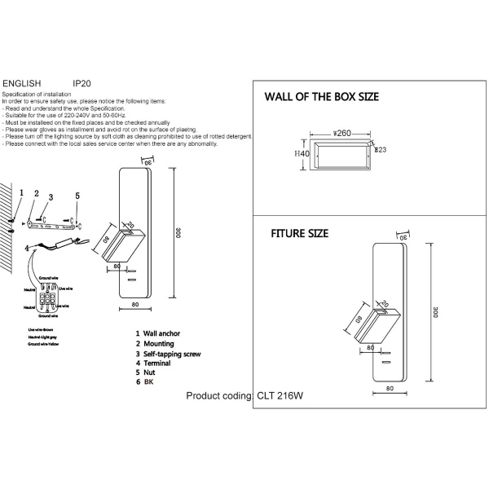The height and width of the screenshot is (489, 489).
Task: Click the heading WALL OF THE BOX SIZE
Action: click(322, 97)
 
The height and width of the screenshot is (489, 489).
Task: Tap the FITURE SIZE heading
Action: click(299, 233)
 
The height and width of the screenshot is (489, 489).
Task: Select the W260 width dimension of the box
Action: click(342, 131)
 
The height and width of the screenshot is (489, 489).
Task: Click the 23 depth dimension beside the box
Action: click(380, 149)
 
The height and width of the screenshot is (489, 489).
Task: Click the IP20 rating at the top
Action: click(81, 83)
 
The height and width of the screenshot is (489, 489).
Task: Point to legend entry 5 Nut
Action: click(149, 374)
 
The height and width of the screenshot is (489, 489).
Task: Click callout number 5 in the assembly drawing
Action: click(77, 196)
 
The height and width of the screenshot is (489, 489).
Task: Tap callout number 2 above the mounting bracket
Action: click(36, 194)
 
